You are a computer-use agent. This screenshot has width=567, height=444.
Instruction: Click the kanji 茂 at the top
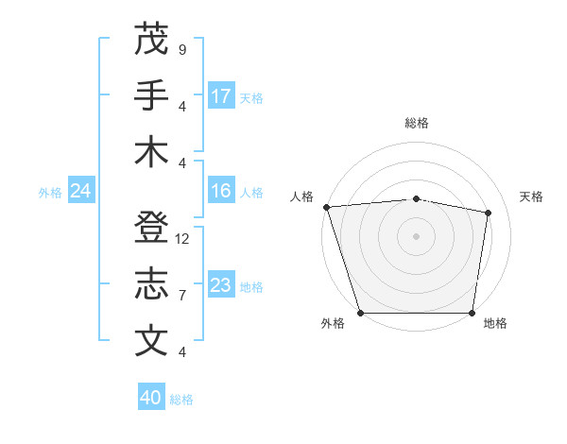coord(151,39)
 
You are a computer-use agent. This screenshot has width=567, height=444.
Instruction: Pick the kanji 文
coord(151,341)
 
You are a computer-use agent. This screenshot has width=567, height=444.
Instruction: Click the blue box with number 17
coord(221,96)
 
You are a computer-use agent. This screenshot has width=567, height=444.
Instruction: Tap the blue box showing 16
coord(221,192)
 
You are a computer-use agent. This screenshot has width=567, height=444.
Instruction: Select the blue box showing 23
coord(221,286)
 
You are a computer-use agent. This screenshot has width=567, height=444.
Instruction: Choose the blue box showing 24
coord(80,192)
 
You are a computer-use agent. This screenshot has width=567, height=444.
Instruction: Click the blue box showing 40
coord(151,399)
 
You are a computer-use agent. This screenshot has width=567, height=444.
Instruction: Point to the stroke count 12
coord(183,239)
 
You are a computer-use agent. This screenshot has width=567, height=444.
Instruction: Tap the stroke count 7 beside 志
coord(182,296)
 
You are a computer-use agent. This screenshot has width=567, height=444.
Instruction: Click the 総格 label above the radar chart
coord(417,123)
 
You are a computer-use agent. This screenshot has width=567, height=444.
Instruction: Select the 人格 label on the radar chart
coord(301,196)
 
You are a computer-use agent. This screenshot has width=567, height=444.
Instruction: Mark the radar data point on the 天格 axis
coord(489,213)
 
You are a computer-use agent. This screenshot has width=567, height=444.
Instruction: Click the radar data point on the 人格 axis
coord(326,207)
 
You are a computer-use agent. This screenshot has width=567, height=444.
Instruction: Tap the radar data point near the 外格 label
coord(360,313)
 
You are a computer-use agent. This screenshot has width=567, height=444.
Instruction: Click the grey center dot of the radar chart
coord(417,236)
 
